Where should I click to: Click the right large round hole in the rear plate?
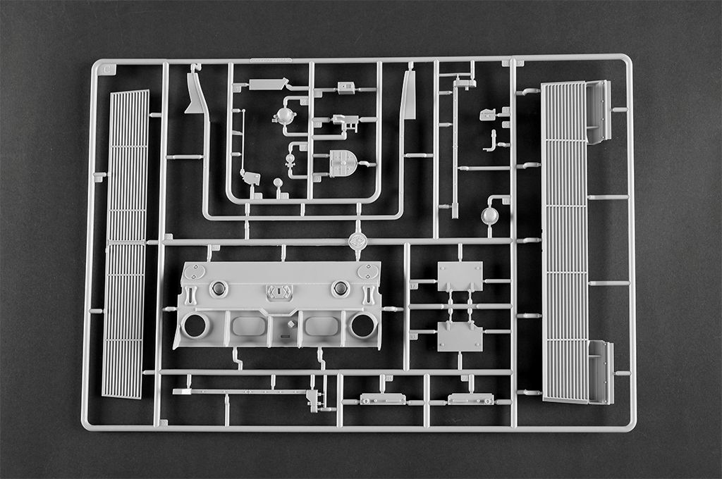(363, 325)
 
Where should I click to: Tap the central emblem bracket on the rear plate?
(279, 292)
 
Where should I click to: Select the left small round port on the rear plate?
(218, 288)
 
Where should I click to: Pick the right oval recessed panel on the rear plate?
(321, 326)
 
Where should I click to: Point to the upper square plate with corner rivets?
(460, 275)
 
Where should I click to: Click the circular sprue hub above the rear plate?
(357, 241)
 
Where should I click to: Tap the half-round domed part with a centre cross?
(343, 163)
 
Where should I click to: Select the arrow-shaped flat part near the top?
(268, 85)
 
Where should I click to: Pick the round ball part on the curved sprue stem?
(489, 216)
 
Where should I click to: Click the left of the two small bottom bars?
(383, 399)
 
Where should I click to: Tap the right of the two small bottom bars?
(470, 399)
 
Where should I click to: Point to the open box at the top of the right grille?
(597, 111)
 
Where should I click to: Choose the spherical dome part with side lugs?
(285, 116)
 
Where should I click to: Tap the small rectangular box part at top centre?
(345, 87)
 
